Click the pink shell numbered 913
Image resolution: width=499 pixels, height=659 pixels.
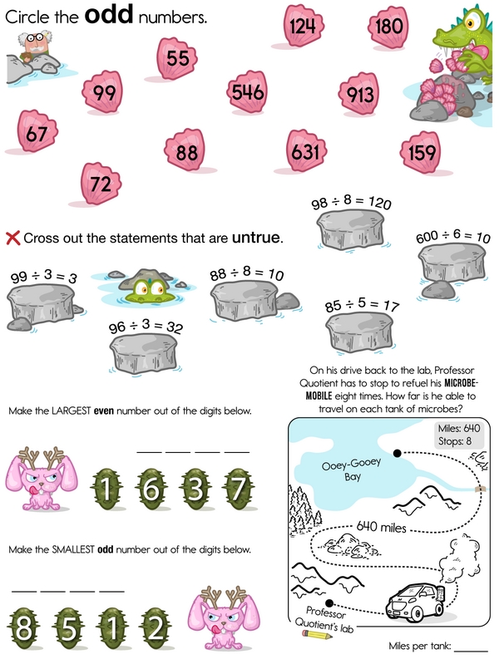point(359,93)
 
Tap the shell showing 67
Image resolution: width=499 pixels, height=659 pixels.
point(37,131)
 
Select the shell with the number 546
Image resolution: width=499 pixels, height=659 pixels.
point(247,91)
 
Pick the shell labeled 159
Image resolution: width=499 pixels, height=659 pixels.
point(421,151)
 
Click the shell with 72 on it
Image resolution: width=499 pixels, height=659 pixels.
point(100,184)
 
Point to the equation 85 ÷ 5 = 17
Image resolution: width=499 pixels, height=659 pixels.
point(362,305)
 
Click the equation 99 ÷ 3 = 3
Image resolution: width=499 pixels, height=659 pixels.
point(44,277)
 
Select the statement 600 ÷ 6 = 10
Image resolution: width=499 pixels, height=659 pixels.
point(453,236)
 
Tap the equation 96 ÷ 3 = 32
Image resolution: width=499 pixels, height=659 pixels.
point(146,326)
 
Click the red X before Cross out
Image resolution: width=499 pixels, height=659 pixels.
point(13,238)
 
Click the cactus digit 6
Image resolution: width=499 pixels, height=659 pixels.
point(151,489)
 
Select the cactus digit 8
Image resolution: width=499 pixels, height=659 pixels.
point(23,628)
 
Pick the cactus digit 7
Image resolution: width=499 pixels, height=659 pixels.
point(239,489)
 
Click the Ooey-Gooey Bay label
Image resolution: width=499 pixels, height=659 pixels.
point(352,469)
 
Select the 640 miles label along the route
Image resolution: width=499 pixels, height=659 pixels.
point(381,527)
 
